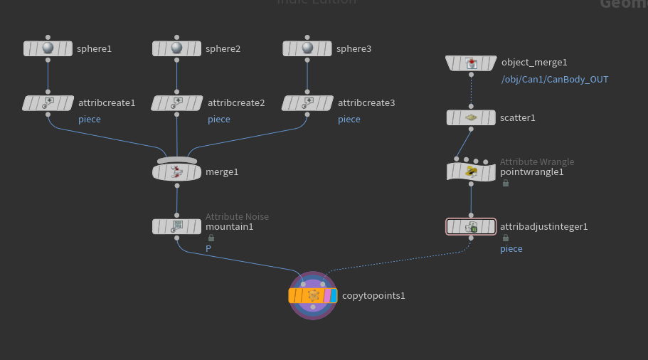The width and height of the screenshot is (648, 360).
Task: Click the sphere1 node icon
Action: pos(48,48)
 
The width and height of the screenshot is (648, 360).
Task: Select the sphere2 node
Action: pos(176,48)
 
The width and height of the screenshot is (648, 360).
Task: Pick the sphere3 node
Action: pos(307,48)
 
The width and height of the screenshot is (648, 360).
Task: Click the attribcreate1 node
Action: pos(48,103)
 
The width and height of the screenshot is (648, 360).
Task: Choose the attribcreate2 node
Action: pos(176,103)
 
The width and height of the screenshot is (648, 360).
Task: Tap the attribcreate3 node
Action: pos(307,103)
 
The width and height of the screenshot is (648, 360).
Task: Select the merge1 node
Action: pos(176,171)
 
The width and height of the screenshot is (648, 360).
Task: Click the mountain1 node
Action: pos(176,226)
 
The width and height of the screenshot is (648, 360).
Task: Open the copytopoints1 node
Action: pos(313,295)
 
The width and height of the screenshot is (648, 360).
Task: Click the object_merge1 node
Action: pos(470,63)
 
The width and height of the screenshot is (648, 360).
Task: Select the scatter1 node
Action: pos(470,117)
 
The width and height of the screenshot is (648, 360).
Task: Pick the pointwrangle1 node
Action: pos(470,171)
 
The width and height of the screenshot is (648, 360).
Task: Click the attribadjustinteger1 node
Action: pos(470,227)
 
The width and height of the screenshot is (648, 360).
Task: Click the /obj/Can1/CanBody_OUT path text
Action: pos(555,79)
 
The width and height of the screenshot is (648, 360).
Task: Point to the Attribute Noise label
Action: pos(237,216)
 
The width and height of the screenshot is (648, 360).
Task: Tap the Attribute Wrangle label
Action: pos(536,162)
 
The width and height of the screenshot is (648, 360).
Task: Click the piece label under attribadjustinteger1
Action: pos(511,249)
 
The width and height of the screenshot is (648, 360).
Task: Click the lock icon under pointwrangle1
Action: pos(506,183)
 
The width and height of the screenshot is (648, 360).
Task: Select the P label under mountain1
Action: pos(208,249)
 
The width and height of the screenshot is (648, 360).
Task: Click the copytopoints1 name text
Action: pos(373,295)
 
